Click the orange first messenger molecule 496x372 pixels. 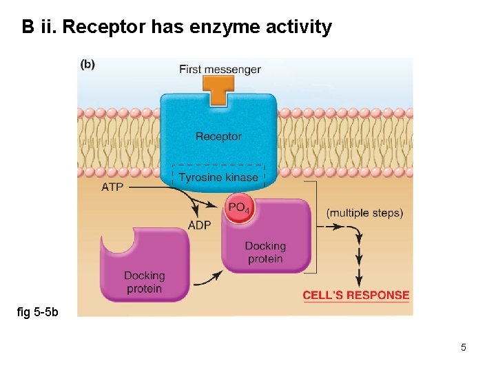(x=219, y=90)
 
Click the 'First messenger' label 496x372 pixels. (x=220, y=69)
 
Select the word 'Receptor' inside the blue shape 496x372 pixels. (x=218, y=136)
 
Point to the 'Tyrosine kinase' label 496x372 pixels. (x=218, y=177)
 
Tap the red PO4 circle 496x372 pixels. (x=238, y=208)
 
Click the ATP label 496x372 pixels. (x=112, y=187)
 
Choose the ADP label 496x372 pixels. (x=199, y=225)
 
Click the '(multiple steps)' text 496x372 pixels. (x=364, y=213)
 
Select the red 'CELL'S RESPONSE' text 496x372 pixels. (x=356, y=296)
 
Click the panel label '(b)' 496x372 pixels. (x=88, y=65)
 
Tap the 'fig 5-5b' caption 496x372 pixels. (x=38, y=312)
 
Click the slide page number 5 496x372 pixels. (x=464, y=347)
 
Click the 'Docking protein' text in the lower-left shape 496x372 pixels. (x=144, y=282)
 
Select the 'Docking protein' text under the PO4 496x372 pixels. (x=265, y=252)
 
